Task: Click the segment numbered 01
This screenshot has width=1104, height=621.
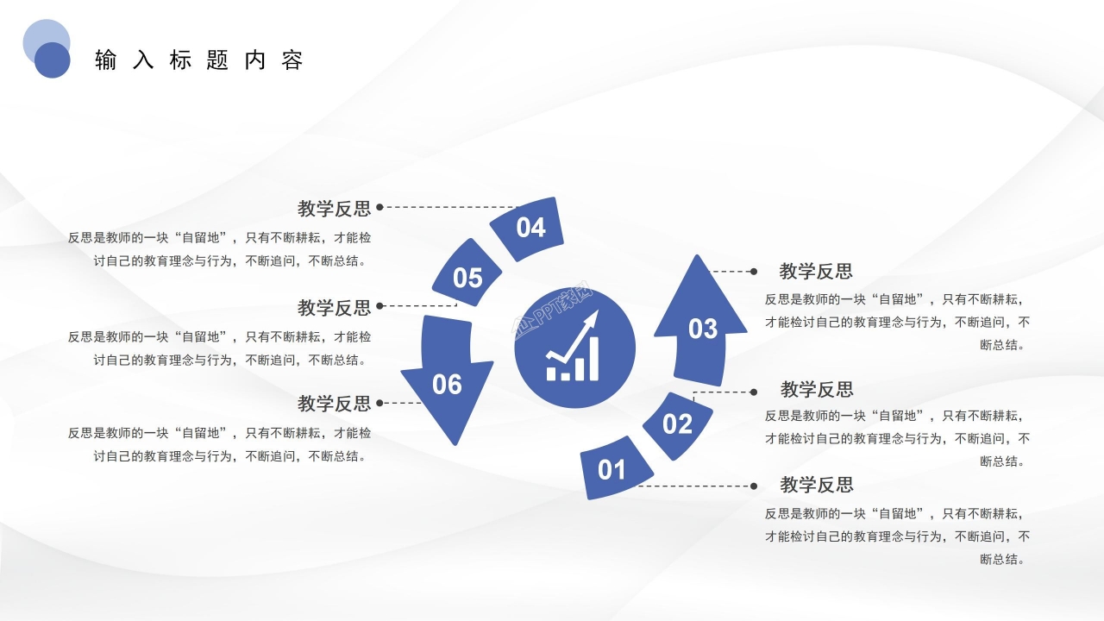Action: (612, 468)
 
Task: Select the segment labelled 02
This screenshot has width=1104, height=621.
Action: (678, 423)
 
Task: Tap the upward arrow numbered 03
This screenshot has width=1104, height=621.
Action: (701, 328)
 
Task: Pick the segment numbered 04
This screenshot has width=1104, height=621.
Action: (530, 228)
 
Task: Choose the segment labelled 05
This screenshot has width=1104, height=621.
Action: (467, 277)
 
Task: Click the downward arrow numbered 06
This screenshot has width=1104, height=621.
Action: (447, 383)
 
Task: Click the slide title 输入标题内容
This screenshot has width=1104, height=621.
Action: (199, 60)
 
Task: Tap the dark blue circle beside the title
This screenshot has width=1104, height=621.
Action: (53, 60)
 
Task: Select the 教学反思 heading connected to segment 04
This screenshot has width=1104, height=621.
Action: (334, 208)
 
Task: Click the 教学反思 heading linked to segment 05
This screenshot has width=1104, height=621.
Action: (334, 307)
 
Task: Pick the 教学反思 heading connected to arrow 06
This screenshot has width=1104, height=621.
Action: (334, 403)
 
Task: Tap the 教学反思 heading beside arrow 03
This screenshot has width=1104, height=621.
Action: (816, 271)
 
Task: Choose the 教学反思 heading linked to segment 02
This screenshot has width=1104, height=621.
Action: (817, 389)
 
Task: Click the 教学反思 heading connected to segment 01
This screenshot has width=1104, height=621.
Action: (817, 484)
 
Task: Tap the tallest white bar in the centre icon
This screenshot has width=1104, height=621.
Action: (593, 359)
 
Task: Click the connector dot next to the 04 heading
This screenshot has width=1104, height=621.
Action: (379, 207)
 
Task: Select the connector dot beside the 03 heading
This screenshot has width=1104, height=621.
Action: (754, 271)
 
